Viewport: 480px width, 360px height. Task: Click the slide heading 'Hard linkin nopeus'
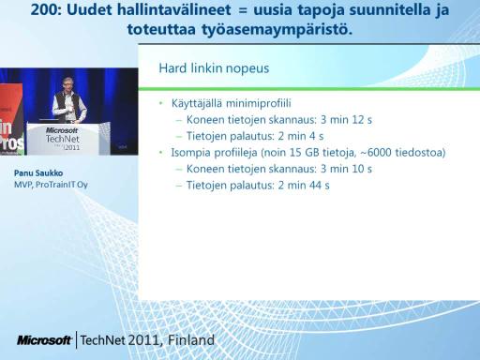[x=214, y=68]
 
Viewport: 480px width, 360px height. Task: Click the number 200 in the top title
[x=45, y=9]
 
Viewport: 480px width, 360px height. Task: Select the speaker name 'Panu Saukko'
[x=38, y=173]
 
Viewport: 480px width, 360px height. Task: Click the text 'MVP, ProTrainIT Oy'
[x=51, y=185]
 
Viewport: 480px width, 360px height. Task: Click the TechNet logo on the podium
[x=63, y=139]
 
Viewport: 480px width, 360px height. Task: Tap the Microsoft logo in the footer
[x=45, y=340]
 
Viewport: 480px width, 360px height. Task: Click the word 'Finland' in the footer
[x=191, y=340]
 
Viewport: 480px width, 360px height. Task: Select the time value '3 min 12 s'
[x=346, y=120]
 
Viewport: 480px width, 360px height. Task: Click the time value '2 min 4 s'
[x=301, y=136]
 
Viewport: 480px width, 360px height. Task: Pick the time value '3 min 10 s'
[x=346, y=169]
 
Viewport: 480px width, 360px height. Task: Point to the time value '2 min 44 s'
[x=304, y=186]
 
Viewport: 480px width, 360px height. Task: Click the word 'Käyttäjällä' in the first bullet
[x=198, y=103]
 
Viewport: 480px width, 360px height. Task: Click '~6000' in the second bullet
[x=376, y=153]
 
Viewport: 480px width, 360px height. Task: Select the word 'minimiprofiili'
[x=259, y=103]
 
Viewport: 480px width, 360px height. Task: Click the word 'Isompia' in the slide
[x=191, y=153]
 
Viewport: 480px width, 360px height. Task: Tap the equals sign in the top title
[x=242, y=10]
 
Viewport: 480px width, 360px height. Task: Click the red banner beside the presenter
[x=11, y=119]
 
